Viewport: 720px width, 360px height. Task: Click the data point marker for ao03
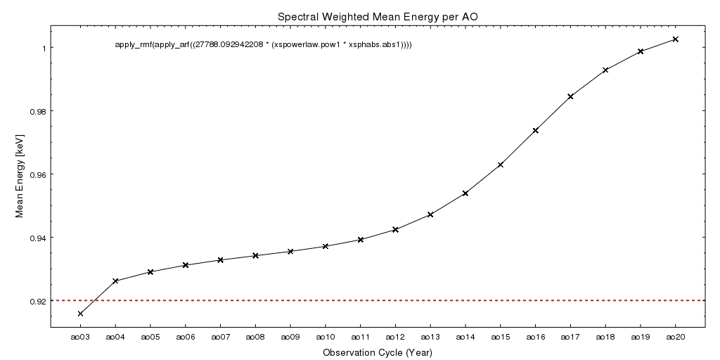point(80,314)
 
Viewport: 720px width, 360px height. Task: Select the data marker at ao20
point(676,39)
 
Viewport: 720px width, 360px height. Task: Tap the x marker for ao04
point(115,281)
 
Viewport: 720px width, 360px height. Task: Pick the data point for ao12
point(395,230)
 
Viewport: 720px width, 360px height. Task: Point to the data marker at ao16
point(536,131)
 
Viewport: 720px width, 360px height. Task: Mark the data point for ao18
point(605,70)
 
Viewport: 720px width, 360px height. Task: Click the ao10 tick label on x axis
point(326,337)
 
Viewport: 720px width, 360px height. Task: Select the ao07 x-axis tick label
point(220,337)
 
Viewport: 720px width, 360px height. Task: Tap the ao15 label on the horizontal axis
point(501,337)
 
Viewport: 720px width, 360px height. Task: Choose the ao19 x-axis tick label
point(641,337)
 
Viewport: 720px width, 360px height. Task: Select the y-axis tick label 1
point(44,49)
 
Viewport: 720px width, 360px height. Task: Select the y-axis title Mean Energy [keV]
point(20,174)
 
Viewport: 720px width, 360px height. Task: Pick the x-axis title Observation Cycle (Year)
point(378,352)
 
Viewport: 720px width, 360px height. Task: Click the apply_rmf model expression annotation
point(263,45)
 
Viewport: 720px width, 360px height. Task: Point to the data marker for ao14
point(465,193)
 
